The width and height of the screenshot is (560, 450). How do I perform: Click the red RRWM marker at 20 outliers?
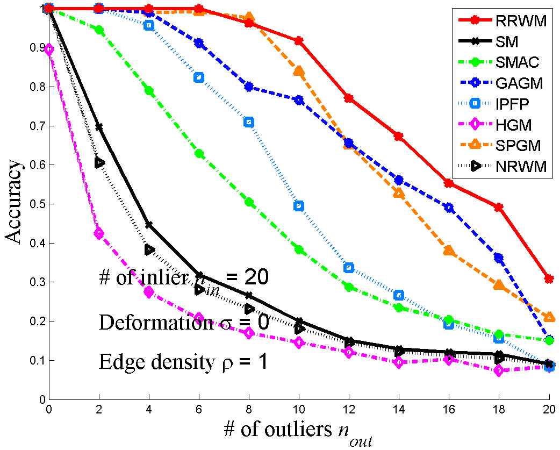[x=549, y=278]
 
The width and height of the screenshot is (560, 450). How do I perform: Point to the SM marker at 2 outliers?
[x=99, y=127]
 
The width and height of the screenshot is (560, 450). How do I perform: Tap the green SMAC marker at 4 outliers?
[x=149, y=91]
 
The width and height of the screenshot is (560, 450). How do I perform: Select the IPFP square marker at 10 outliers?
[x=299, y=206]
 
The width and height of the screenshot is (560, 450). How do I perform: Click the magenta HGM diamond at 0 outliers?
[x=49, y=49]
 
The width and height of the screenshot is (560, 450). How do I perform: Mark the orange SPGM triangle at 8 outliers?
[x=249, y=18]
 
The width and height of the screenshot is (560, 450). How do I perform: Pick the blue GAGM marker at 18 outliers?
[x=499, y=258]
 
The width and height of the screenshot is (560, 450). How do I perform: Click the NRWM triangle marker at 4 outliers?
[x=149, y=249]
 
